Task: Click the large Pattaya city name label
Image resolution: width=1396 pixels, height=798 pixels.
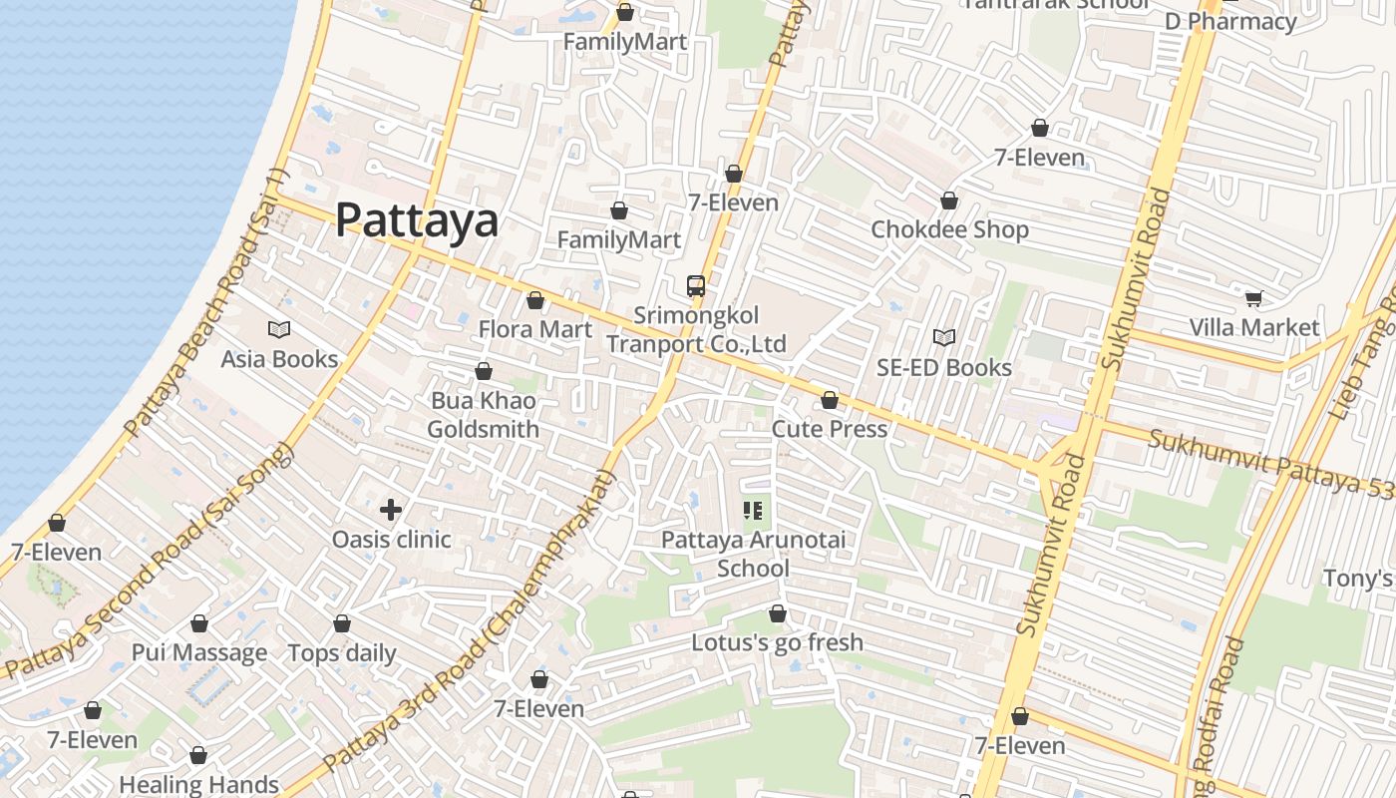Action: click(x=416, y=220)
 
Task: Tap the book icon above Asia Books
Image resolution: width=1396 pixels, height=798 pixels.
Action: click(x=279, y=329)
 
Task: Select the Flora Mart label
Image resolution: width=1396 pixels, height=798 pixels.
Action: click(x=534, y=329)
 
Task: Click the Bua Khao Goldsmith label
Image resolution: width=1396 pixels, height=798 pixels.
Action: click(x=484, y=415)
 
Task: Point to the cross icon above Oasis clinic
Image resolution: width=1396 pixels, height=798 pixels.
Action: click(x=391, y=510)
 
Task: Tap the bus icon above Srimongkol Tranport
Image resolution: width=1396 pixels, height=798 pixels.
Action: click(x=696, y=286)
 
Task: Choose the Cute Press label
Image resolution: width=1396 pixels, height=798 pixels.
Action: click(x=830, y=429)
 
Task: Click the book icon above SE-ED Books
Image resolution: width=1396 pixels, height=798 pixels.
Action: click(x=943, y=338)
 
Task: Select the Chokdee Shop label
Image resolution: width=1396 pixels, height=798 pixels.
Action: click(x=949, y=230)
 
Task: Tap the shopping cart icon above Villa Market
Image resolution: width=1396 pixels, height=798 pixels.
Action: click(x=1253, y=298)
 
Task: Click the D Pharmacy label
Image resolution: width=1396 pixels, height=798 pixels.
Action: click(x=1230, y=22)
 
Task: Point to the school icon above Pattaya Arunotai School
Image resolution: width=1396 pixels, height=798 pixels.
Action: click(x=753, y=511)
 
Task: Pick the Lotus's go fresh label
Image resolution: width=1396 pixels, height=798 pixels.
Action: click(x=778, y=642)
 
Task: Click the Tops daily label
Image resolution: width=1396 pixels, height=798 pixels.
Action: click(x=342, y=653)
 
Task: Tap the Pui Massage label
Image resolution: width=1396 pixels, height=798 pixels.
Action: click(x=199, y=653)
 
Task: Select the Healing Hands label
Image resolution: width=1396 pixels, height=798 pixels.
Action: click(x=199, y=784)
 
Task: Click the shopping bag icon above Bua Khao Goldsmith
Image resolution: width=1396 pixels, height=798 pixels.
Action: click(x=484, y=372)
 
